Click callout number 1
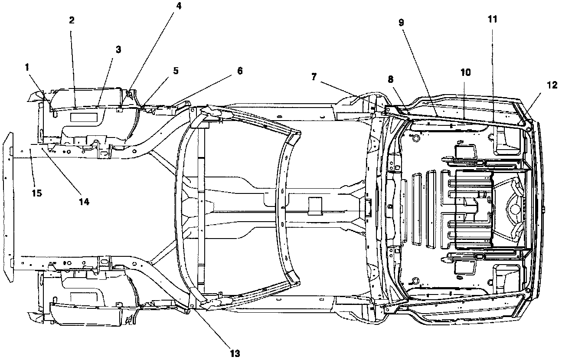coord(27,68)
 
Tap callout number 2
coord(72,20)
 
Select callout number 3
coord(118,50)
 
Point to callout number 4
coord(178,6)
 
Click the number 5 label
coord(176,71)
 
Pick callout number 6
coord(240,71)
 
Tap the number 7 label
coord(314,77)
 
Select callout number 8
coord(390,79)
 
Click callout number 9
coord(401,23)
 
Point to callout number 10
coord(465,72)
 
